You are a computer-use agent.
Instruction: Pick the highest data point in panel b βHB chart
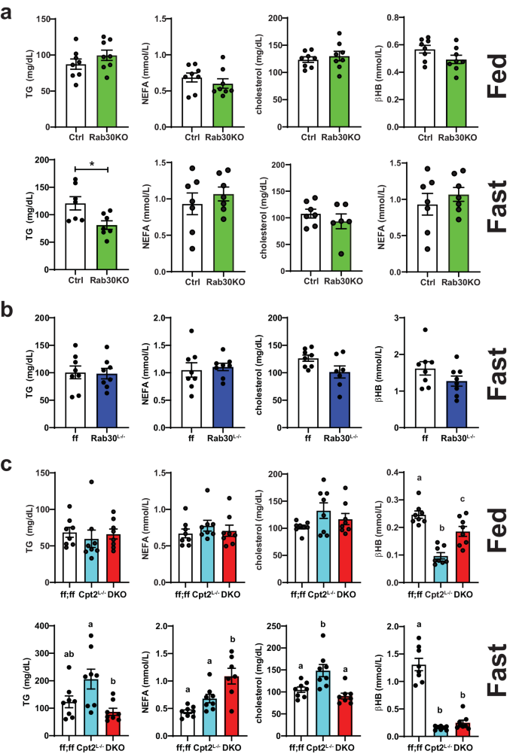point(426,330)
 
